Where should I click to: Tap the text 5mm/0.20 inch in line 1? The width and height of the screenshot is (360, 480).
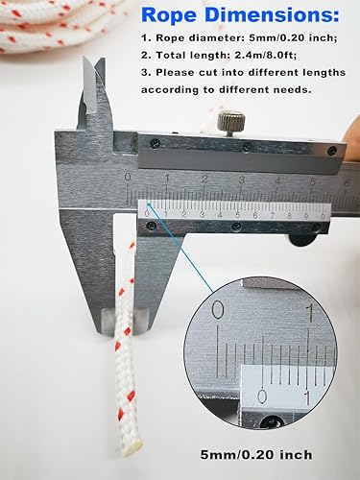293,38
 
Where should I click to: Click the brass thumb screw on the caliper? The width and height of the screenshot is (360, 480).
231,124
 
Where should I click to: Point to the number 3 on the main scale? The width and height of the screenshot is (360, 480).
241,180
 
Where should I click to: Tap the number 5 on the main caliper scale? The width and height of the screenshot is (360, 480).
313,181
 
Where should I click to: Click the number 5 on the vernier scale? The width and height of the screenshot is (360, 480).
237,215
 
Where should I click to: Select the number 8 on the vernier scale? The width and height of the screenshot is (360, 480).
289,216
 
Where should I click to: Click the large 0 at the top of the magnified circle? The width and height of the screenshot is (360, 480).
218,310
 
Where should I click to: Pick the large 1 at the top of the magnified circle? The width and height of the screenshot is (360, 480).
310,313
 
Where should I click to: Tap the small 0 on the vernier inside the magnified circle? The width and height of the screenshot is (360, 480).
262,396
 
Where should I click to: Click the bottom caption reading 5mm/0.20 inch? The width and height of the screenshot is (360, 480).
256,455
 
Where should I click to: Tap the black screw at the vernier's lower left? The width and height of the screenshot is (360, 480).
150,227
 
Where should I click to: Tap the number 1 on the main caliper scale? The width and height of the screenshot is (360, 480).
166,178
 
